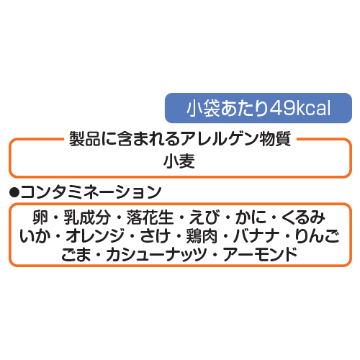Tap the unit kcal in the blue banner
coord(314,108)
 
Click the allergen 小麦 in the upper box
coord(179,161)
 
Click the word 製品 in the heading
coord(85,139)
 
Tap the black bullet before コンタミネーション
coord(14,192)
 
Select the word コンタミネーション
coord(91,192)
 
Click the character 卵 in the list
coord(40,217)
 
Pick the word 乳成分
coord(87,217)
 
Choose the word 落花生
coord(150,217)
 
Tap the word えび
coord(204,217)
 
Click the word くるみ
coord(303,217)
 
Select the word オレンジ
coord(95,236)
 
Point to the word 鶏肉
coord(202,236)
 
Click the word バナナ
coord(256,236)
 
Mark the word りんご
coord(317,236)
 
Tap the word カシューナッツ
coord(156,255)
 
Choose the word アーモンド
coord(260,255)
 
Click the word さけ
coord(155,236)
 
